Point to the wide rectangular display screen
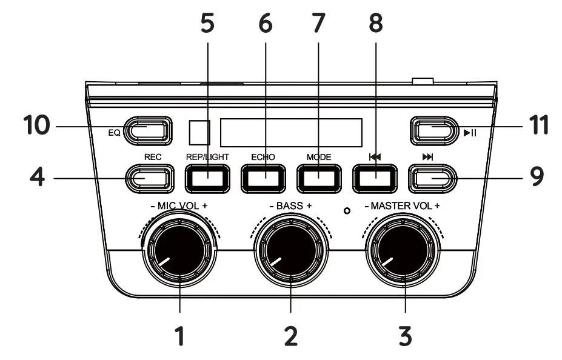coord(291,132)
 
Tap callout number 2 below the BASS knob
coord(291,335)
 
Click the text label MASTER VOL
coord(403,206)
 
